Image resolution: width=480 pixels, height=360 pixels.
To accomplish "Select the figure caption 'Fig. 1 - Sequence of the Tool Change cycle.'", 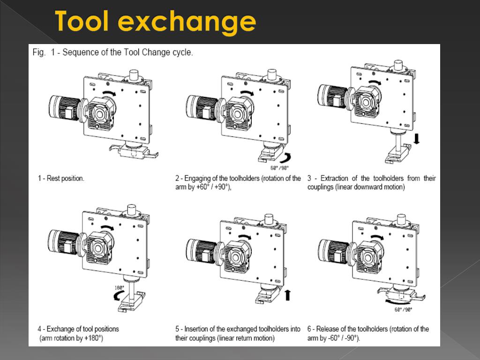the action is [x=112, y=52].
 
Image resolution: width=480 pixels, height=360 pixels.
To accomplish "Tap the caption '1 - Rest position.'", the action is [x=61, y=179].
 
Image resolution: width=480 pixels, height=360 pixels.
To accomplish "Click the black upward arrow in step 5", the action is [x=287, y=294].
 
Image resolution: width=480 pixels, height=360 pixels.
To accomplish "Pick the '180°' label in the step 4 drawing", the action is [x=119, y=288].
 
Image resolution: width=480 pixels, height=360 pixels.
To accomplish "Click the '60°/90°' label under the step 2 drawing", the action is [x=280, y=167].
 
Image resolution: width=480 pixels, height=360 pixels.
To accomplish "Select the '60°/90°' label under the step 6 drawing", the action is [x=403, y=309].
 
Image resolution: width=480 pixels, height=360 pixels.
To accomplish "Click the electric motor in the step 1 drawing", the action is [x=63, y=107].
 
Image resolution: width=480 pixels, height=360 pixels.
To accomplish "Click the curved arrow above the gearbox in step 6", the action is [x=377, y=237].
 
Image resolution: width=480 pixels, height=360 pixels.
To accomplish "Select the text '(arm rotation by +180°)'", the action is [x=72, y=338].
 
